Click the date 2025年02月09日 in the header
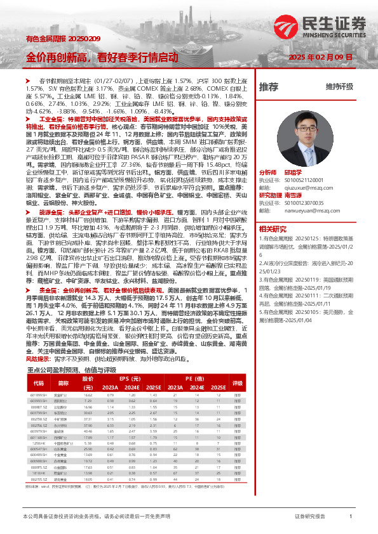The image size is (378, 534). [x=315, y=57]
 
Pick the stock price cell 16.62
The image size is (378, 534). [x=88, y=394]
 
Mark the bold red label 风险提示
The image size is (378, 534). [x=37, y=358]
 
